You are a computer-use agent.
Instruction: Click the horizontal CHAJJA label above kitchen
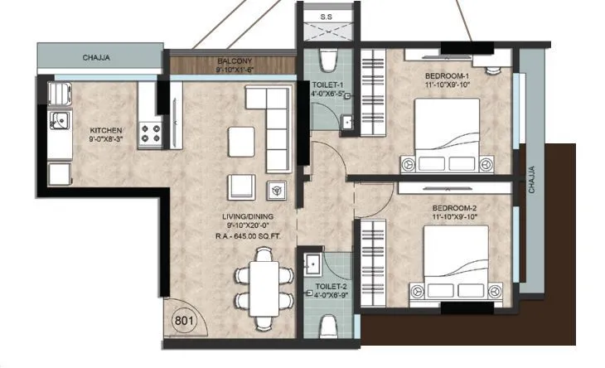point(97,58)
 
